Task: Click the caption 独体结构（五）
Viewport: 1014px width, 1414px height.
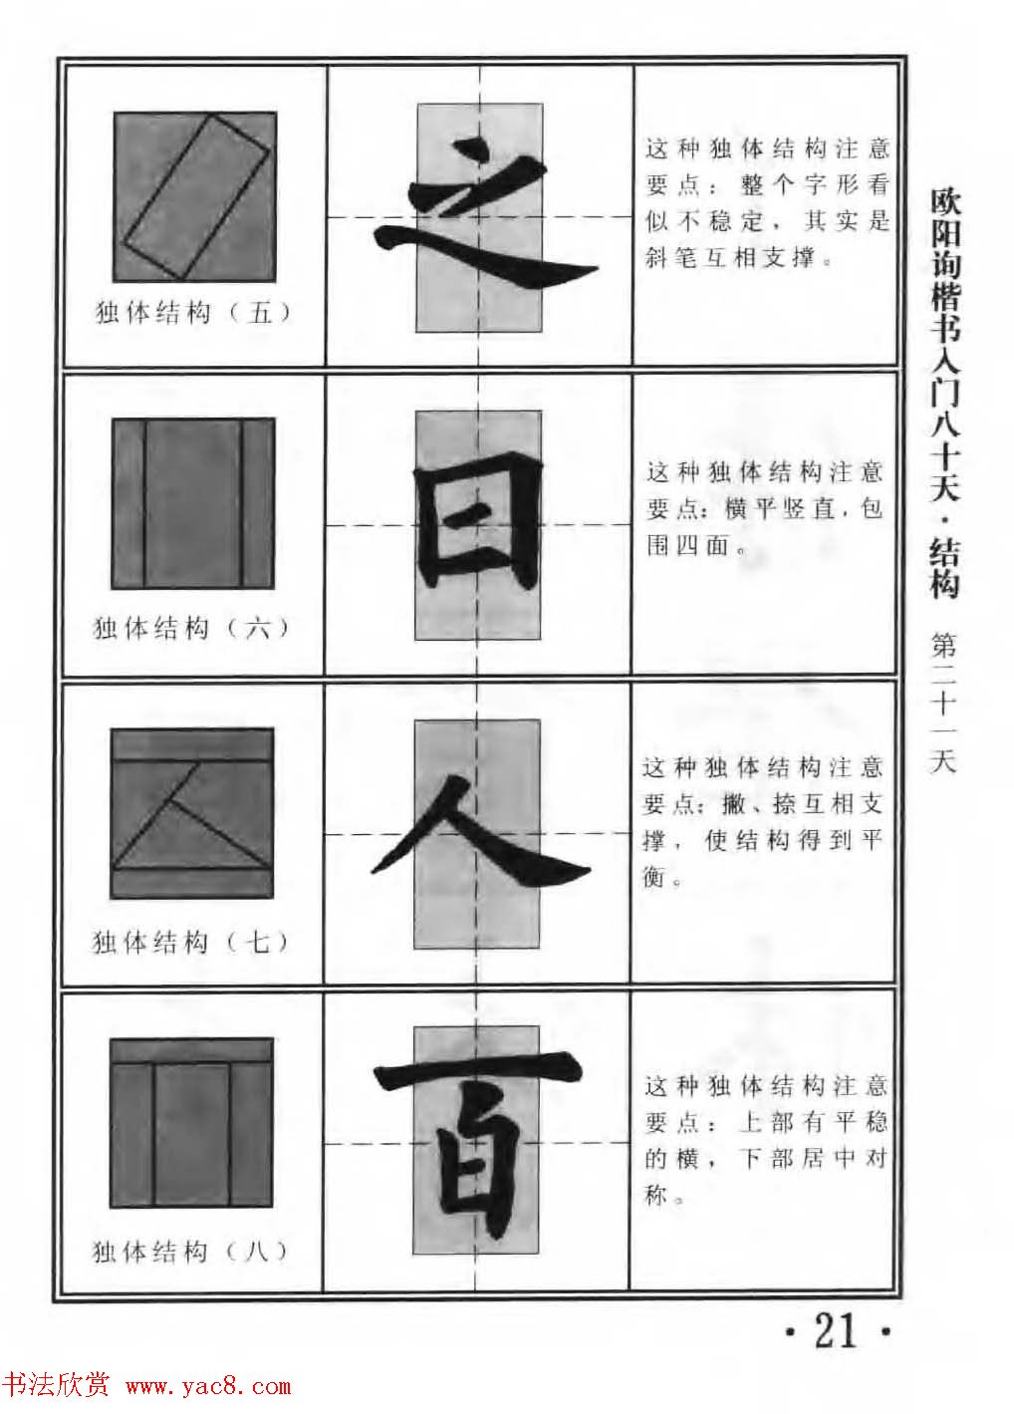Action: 194,313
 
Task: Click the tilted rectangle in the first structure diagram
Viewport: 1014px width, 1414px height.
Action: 196,195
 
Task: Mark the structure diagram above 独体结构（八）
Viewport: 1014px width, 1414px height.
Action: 191,1122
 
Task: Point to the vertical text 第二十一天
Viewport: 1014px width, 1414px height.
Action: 942,704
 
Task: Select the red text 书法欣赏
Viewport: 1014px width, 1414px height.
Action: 57,1385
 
